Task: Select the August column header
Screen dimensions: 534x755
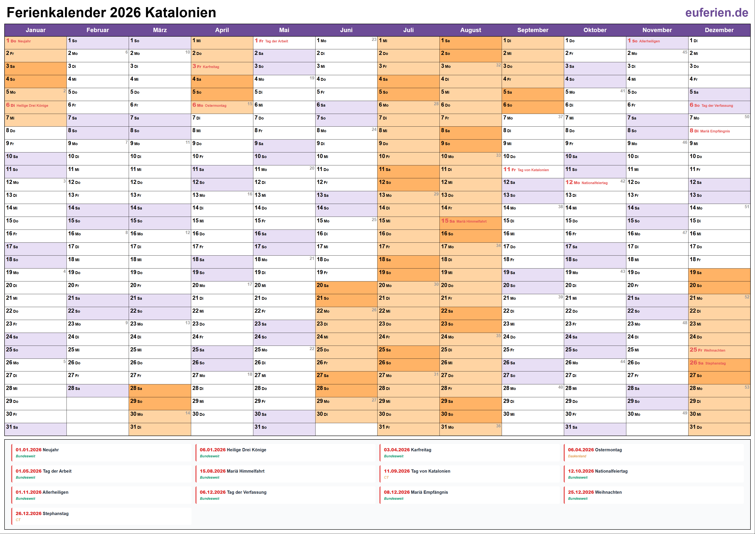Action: pyautogui.click(x=470, y=30)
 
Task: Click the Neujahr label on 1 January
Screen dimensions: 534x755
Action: pyautogui.click(x=24, y=41)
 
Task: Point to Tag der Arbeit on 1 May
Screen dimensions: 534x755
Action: pyautogui.click(x=276, y=41)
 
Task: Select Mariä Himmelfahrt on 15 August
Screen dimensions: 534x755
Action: pyautogui.click(x=471, y=221)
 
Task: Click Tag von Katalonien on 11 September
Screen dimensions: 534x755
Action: pyautogui.click(x=533, y=170)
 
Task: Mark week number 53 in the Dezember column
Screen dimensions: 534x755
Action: pyautogui.click(x=747, y=387)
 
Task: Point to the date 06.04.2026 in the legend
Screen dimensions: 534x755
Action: pyautogui.click(x=581, y=450)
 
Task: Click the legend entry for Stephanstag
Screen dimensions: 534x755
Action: pyautogui.click(x=55, y=514)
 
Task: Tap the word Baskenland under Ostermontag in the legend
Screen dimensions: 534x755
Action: pyautogui.click(x=577, y=456)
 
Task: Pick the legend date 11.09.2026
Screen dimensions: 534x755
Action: pyautogui.click(x=397, y=471)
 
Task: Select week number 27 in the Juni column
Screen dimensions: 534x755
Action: pyautogui.click(x=374, y=400)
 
